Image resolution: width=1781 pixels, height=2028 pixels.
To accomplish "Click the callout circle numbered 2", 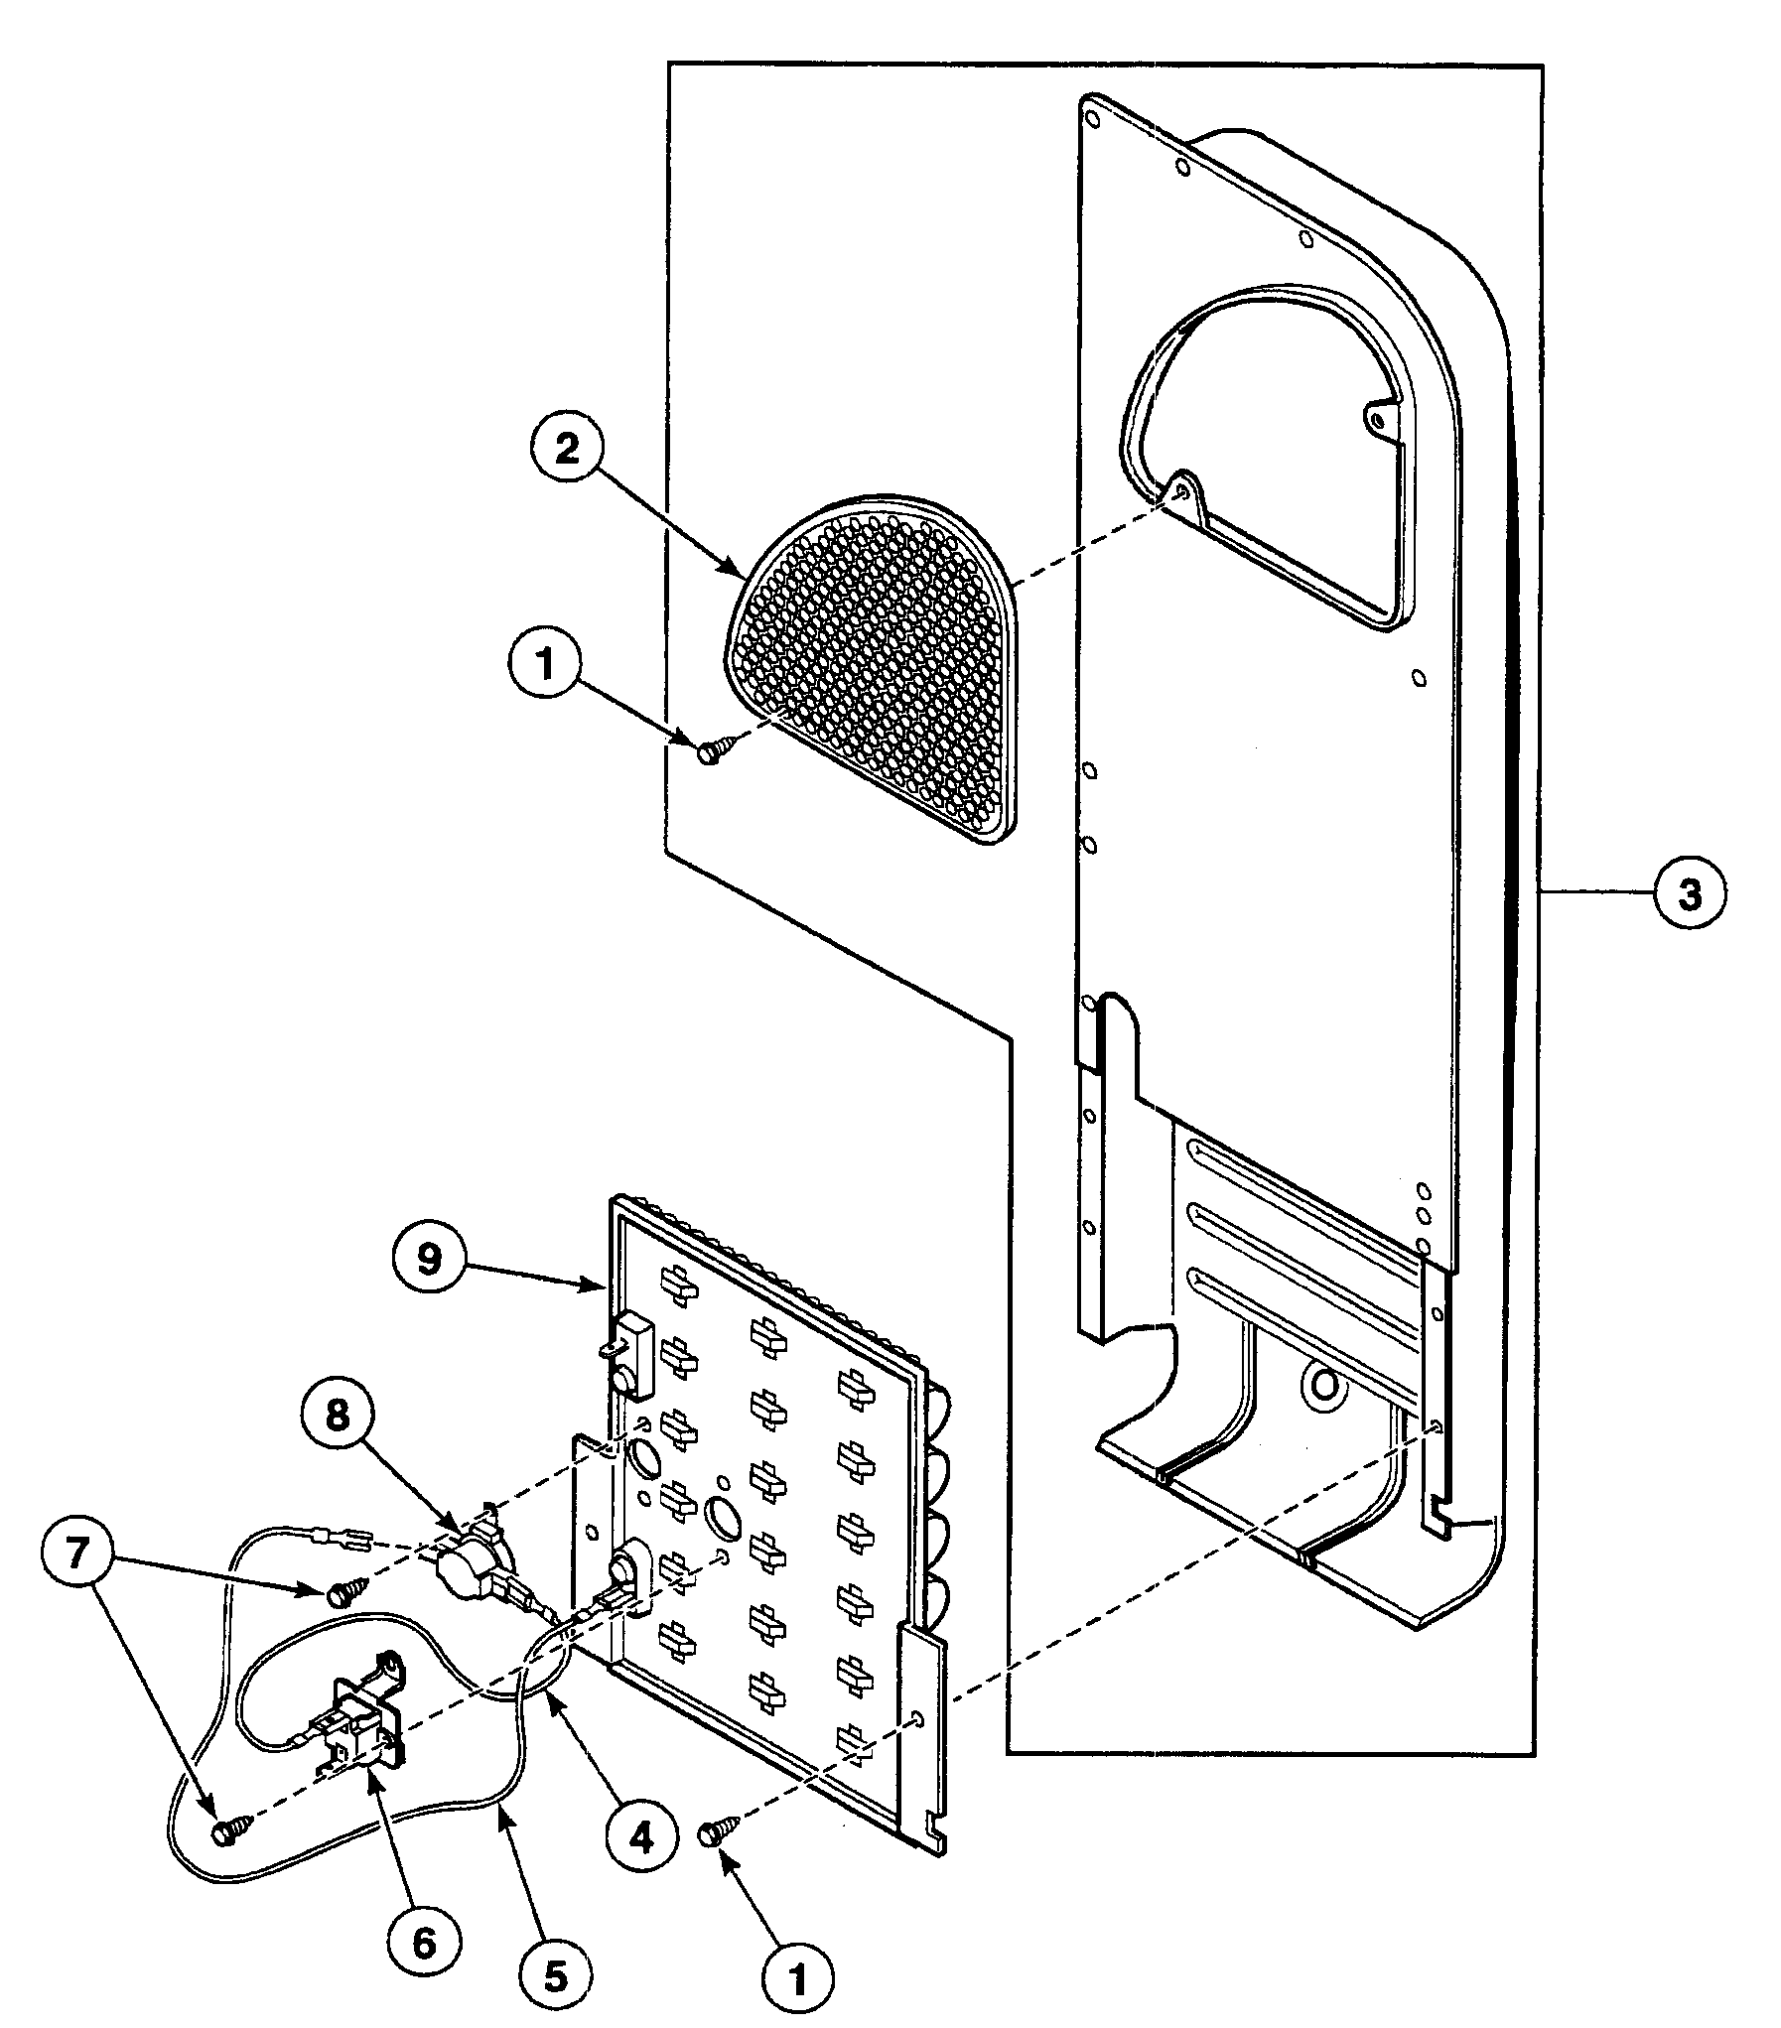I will (x=566, y=450).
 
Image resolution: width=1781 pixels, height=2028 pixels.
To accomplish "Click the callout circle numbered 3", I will (x=1690, y=894).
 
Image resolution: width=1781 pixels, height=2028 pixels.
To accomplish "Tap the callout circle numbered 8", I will (x=339, y=1418).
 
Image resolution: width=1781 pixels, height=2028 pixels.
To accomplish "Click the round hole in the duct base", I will (x=1327, y=1390).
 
